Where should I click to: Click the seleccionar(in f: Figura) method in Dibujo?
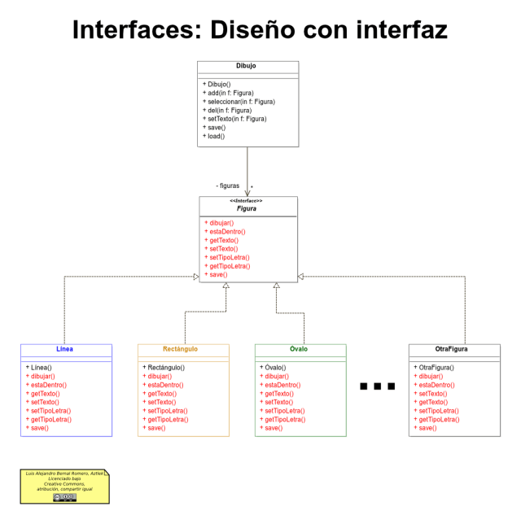[241, 102]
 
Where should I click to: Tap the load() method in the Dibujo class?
[216, 136]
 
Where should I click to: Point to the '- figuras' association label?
[227, 186]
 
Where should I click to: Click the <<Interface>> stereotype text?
[246, 200]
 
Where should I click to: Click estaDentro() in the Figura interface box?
[227, 231]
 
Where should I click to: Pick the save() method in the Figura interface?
[218, 274]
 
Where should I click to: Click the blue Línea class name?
[65, 349]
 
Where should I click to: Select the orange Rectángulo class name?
[182, 349]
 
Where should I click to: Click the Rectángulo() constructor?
[173, 368]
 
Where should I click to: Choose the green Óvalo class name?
[299, 349]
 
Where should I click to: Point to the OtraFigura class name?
[453, 349]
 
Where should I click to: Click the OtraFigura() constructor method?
[436, 368]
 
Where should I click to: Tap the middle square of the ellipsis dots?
[377, 386]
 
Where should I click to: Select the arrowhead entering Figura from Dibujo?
[247, 192]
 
